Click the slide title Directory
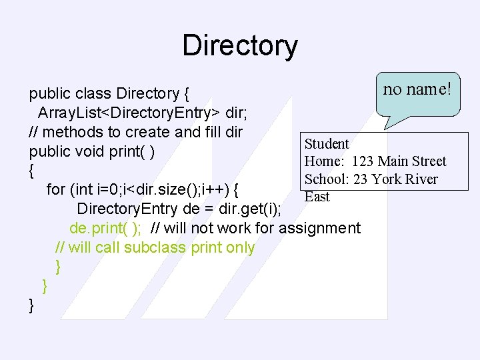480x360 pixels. [x=240, y=46]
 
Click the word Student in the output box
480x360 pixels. [x=327, y=144]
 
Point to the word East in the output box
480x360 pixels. [x=317, y=197]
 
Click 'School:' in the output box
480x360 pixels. [x=324, y=179]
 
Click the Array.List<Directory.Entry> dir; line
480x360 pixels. [x=143, y=112]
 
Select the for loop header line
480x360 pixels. [x=143, y=189]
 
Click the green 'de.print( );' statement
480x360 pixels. [x=105, y=228]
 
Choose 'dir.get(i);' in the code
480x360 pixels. [x=250, y=209]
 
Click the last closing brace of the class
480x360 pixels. [x=31, y=305]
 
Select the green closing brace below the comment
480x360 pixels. [x=59, y=267]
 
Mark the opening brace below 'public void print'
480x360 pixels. [x=31, y=171]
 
